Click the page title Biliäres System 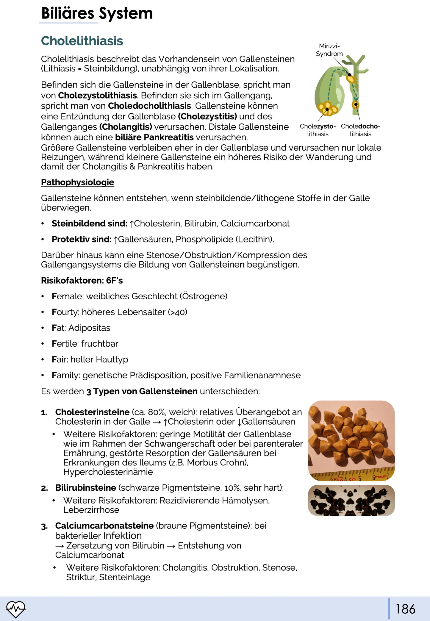point(97,14)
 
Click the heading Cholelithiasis point(82,41)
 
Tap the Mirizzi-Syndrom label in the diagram point(329,50)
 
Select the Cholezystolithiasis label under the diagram point(318,130)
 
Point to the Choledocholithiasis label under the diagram point(360,130)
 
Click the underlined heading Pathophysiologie point(77,182)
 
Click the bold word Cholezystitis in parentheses point(207,116)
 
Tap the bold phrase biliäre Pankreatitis point(154,137)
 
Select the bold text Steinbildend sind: point(89,223)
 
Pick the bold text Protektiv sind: point(81,239)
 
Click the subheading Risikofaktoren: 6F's point(82,281)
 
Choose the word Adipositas point(89,328)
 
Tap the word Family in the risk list point(66,376)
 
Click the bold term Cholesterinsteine point(92,412)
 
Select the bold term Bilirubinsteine point(86,488)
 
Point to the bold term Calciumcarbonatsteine point(104,526)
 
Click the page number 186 point(405,609)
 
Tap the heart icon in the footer point(16,609)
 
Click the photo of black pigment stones point(351,500)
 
